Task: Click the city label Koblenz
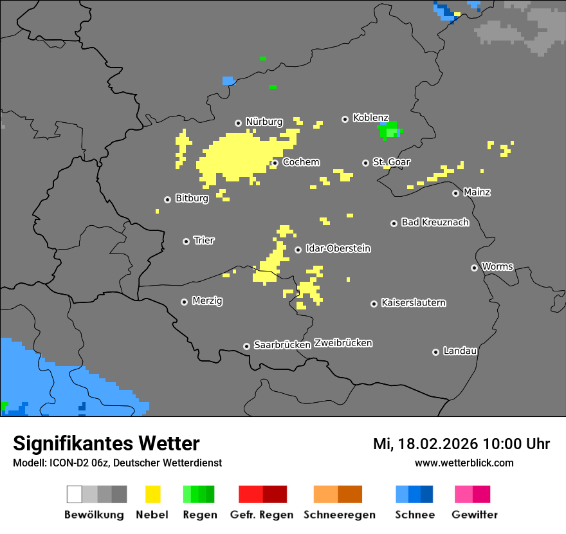point(370,118)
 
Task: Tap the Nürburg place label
point(264,122)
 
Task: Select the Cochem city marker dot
point(275,163)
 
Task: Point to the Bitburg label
point(192,198)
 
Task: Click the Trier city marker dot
point(187,241)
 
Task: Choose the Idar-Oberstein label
point(338,248)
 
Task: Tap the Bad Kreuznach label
point(435,222)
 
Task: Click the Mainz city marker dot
point(456,193)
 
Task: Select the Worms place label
point(497,266)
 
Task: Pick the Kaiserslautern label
point(413,302)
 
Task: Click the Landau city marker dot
point(436,352)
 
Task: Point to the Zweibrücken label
point(343,343)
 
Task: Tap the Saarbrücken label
point(282,345)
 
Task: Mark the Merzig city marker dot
point(185,302)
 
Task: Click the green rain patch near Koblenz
point(388,130)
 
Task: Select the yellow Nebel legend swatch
point(153,494)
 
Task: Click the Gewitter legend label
point(474,515)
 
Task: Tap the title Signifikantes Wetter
point(106,443)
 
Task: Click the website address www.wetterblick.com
point(464,463)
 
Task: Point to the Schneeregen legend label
point(339,515)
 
